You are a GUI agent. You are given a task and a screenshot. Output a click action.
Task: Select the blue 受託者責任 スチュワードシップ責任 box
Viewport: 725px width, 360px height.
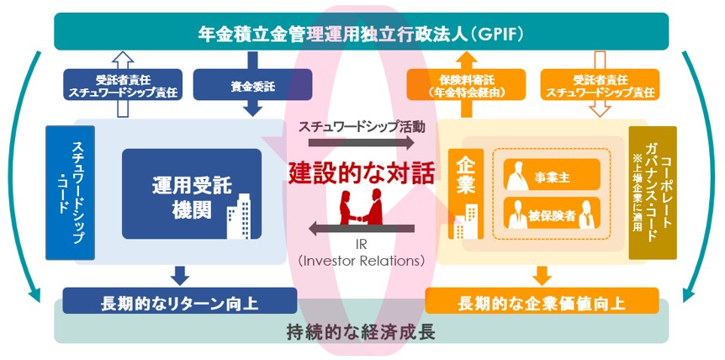(x=122, y=84)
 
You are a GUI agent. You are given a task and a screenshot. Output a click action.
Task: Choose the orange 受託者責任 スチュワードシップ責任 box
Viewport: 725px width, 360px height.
(x=599, y=84)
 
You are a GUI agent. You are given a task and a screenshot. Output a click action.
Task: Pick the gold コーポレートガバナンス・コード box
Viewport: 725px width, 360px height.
(x=652, y=192)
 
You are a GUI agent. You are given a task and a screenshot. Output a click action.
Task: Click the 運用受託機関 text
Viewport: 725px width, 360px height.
(x=180, y=193)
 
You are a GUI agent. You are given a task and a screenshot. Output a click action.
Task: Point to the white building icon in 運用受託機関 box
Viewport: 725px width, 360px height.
(x=241, y=217)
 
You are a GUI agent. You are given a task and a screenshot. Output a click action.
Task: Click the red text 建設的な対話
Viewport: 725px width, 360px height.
(x=362, y=174)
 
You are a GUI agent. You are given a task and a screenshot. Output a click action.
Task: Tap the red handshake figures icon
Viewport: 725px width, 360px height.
(x=362, y=210)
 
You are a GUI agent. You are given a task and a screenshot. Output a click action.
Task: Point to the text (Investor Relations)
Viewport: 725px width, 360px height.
(x=362, y=261)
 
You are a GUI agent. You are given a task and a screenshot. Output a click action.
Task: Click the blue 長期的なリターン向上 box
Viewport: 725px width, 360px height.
(x=180, y=301)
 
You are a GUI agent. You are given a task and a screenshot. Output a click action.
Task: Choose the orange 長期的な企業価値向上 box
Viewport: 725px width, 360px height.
(x=542, y=301)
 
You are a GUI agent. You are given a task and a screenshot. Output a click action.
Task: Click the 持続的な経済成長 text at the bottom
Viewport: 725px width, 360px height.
(x=362, y=331)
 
